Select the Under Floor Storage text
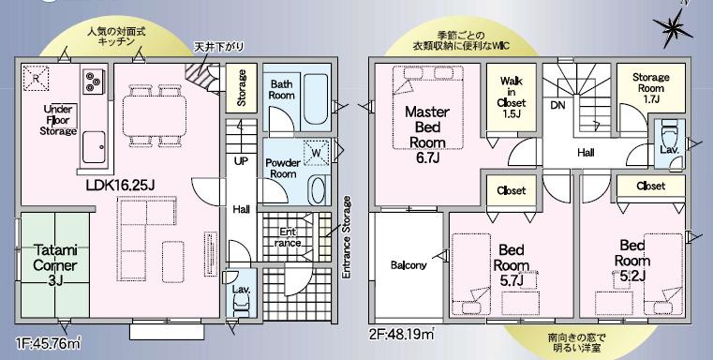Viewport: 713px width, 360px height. click(59, 120)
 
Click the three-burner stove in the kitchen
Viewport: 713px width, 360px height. click(95, 81)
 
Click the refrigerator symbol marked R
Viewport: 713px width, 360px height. click(36, 78)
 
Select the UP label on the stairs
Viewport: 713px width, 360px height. click(241, 161)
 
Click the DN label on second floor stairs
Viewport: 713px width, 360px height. click(557, 105)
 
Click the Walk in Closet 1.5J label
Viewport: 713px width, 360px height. click(511, 97)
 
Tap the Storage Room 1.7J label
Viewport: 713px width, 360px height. click(649, 87)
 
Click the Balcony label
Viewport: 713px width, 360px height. click(408, 264)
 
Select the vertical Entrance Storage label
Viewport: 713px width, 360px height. click(348, 238)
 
